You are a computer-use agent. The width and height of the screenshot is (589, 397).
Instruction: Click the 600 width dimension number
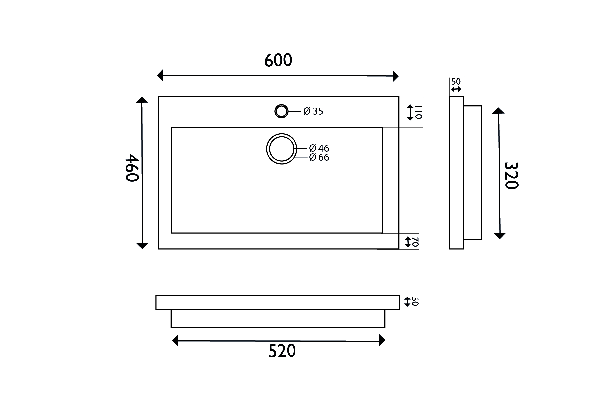pyautogui.click(x=278, y=60)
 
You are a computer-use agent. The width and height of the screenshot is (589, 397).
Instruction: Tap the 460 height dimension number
pyautogui.click(x=132, y=168)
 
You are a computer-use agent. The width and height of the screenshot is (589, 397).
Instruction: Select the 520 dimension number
pyautogui.click(x=282, y=351)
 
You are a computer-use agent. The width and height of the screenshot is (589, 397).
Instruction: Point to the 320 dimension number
pyautogui.click(x=511, y=176)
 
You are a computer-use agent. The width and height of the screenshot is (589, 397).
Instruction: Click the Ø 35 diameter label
pyautogui.click(x=313, y=111)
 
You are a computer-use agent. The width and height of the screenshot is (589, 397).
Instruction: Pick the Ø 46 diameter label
pyautogui.click(x=319, y=148)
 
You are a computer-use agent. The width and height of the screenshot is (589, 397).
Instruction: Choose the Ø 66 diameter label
pyautogui.click(x=319, y=157)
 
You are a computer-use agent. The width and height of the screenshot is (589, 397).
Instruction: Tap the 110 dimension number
pyautogui.click(x=419, y=112)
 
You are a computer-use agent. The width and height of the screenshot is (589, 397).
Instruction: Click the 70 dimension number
pyautogui.click(x=415, y=242)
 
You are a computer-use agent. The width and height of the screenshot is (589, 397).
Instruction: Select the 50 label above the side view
pyautogui.click(x=456, y=82)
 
